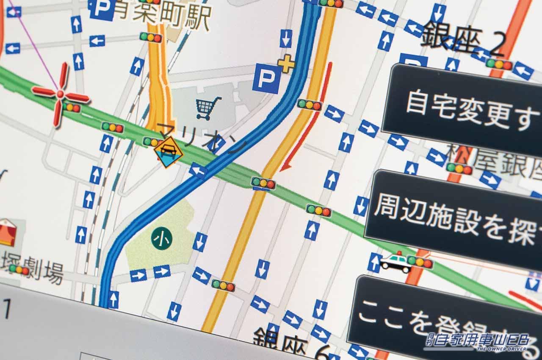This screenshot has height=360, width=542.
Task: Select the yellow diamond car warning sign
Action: [x=169, y=152]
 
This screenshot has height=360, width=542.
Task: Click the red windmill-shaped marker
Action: [x=61, y=94]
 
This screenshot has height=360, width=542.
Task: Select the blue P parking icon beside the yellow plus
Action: [x=267, y=79]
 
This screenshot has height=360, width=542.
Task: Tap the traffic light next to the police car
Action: [x=420, y=262]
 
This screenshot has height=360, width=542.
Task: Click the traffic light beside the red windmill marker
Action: [x=72, y=108]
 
